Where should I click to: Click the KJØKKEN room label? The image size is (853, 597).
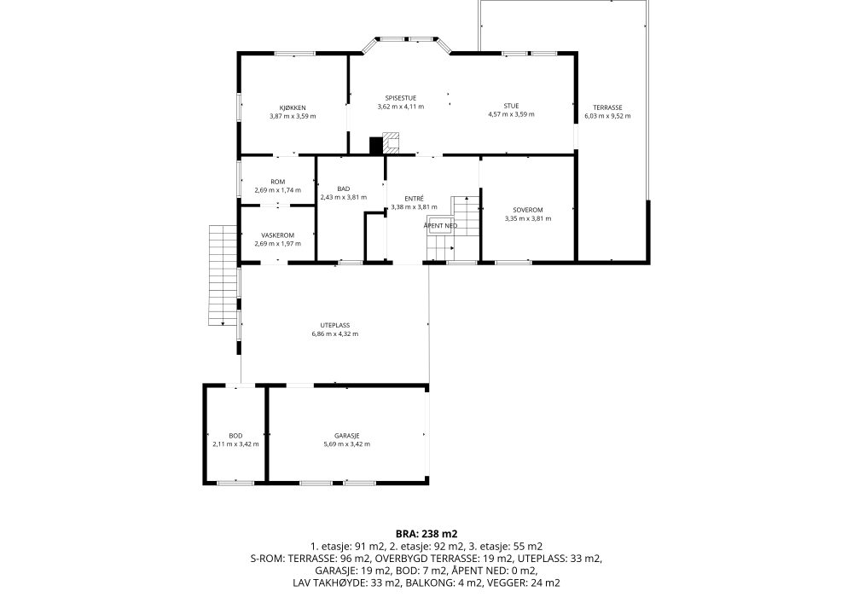[293, 107]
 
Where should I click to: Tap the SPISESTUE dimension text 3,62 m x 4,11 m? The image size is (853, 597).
[400, 107]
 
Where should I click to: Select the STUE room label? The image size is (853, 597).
[511, 106]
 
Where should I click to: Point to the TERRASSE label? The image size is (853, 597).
[607, 107]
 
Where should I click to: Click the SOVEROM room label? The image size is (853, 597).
[528, 210]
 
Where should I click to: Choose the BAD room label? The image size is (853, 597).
[343, 188]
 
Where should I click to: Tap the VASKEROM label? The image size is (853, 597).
[277, 235]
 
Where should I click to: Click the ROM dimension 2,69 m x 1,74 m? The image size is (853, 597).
[277, 190]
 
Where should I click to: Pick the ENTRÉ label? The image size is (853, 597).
[414, 199]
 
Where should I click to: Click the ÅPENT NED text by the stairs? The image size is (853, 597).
[441, 226]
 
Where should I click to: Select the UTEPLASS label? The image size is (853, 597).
[334, 325]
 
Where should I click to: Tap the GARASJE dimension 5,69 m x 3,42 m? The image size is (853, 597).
[346, 443]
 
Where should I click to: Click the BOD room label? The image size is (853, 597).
[235, 436]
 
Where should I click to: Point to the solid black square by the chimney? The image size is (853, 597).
[376, 145]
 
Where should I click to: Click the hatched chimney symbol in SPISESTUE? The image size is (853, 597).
[392, 142]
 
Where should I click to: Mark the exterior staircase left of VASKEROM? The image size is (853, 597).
[223, 275]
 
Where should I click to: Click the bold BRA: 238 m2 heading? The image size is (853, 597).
[426, 534]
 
